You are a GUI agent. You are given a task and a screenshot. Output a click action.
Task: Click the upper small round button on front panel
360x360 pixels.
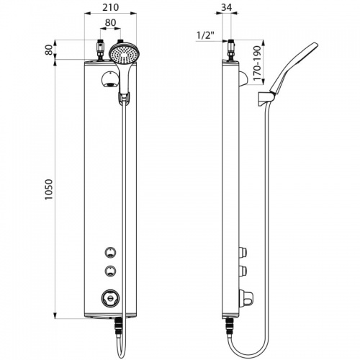109,252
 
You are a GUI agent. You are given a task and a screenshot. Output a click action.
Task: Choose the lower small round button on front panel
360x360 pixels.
109,271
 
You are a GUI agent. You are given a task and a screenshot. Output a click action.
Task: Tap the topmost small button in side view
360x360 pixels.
243,252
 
